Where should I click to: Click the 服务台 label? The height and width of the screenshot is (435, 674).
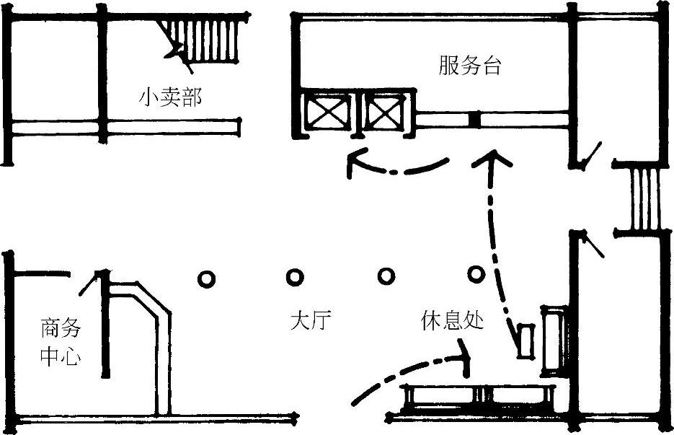click(470, 66)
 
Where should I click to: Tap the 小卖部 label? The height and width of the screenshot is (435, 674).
click(170, 97)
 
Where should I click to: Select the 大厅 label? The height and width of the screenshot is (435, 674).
click(311, 321)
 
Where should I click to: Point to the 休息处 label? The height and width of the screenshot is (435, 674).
click(452, 320)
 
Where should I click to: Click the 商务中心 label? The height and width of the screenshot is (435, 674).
click(61, 342)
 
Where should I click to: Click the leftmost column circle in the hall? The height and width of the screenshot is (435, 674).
click(206, 278)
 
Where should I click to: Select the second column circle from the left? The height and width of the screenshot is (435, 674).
click(295, 277)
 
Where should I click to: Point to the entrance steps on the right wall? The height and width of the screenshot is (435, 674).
click(644, 199)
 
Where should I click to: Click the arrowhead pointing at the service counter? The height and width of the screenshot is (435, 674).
click(492, 159)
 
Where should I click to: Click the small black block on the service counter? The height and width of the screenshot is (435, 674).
click(474, 119)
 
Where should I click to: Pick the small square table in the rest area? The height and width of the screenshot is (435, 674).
click(526, 340)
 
